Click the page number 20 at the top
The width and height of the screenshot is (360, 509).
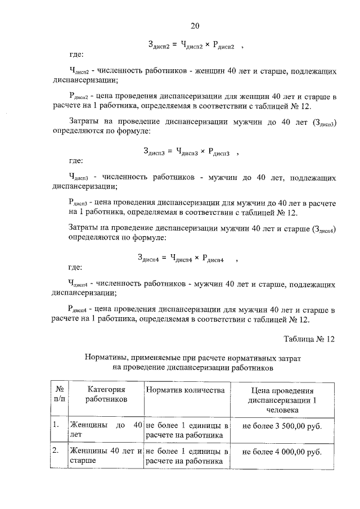pos(195,26)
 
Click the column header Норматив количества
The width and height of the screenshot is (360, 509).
pos(185,390)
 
